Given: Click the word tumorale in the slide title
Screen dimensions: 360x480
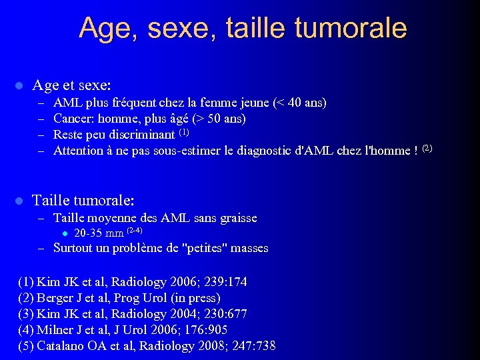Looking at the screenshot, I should (x=355, y=28).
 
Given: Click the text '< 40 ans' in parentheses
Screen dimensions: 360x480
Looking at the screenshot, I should (x=299, y=103).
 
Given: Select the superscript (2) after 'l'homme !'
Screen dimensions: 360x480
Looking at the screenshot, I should (x=427, y=147).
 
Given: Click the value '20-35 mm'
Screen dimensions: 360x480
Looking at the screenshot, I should (x=99, y=233).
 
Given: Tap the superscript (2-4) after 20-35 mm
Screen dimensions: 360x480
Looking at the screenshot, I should (x=134, y=230).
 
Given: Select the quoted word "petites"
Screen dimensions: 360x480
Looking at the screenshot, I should (x=207, y=248).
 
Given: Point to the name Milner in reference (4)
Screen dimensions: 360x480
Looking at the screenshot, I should (x=55, y=330).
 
